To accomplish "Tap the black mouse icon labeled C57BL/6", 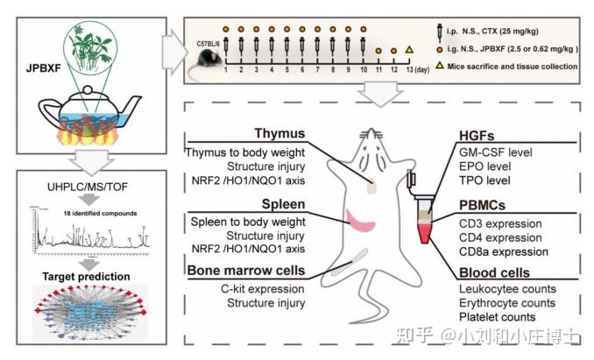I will pos(208,59).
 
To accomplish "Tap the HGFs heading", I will pos(478,136).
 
